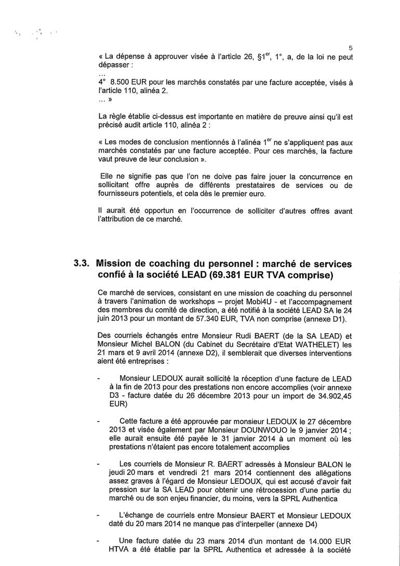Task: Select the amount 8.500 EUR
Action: pyautogui.click(x=127, y=82)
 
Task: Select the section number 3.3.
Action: pyautogui.click(x=82, y=264)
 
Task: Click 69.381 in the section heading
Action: pyautogui.click(x=220, y=274)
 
